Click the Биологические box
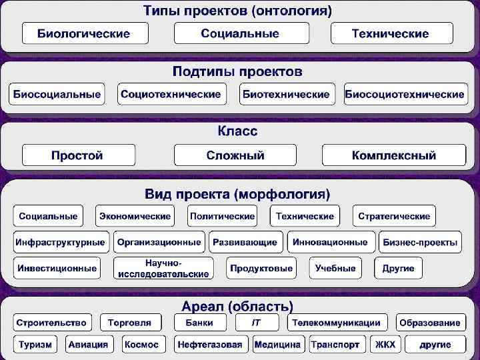tap(83, 33)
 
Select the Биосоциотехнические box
tap(405, 94)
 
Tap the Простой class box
tap(78, 155)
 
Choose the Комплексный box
tap(394, 155)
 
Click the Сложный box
tap(235, 155)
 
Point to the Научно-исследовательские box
tap(163, 268)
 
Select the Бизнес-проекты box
tap(420, 242)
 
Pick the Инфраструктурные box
tap(60, 242)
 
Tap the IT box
tap(256, 323)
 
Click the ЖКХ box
tap(385, 345)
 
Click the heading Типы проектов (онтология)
tap(238, 11)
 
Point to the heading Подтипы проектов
tap(238, 71)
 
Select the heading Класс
tap(238, 131)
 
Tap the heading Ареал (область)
tap(238, 306)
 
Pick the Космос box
tap(141, 345)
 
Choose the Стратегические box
tap(394, 216)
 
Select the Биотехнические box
tap(286, 94)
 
